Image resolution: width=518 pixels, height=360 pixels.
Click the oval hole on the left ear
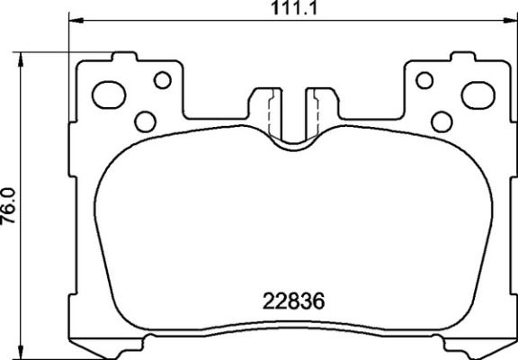(112, 93)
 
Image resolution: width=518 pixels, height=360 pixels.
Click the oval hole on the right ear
(475, 93)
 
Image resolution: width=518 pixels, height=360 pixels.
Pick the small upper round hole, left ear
(162, 80)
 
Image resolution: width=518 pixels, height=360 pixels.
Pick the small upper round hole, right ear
(424, 80)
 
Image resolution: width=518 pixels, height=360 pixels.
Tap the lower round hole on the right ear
(441, 121)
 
